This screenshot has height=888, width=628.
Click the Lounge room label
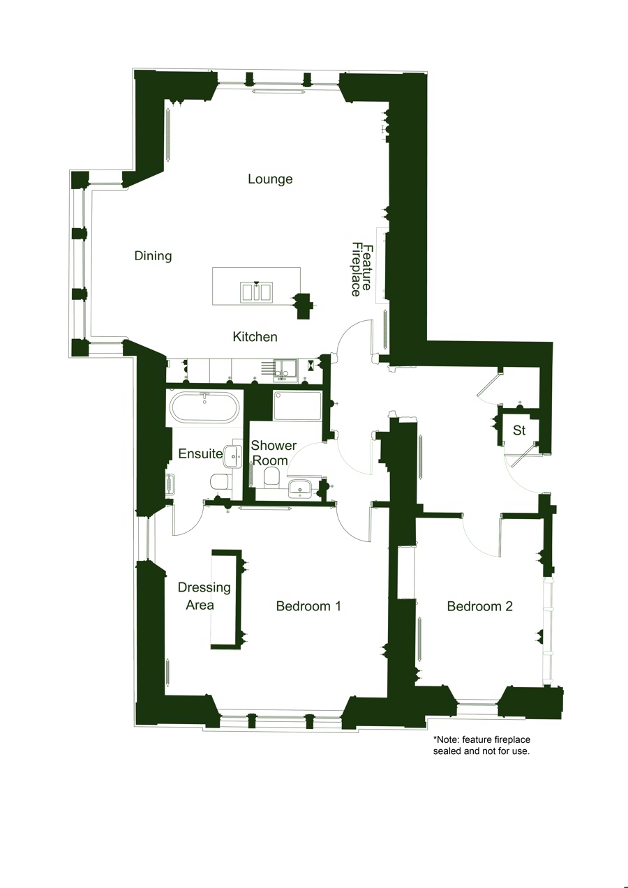270,179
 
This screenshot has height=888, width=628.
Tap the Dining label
153,256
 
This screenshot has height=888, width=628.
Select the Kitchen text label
255,337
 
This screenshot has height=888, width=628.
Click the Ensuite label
200,453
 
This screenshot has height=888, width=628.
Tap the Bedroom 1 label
308,606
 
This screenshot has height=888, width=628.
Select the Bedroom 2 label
479,606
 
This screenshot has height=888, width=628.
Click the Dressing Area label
203,596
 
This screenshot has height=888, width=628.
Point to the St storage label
519,431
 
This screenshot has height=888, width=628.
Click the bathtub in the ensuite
205,407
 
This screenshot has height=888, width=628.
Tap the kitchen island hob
256,291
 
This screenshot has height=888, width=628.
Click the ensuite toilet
219,481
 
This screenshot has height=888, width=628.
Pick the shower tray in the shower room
297,406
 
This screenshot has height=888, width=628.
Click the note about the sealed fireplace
481,745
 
